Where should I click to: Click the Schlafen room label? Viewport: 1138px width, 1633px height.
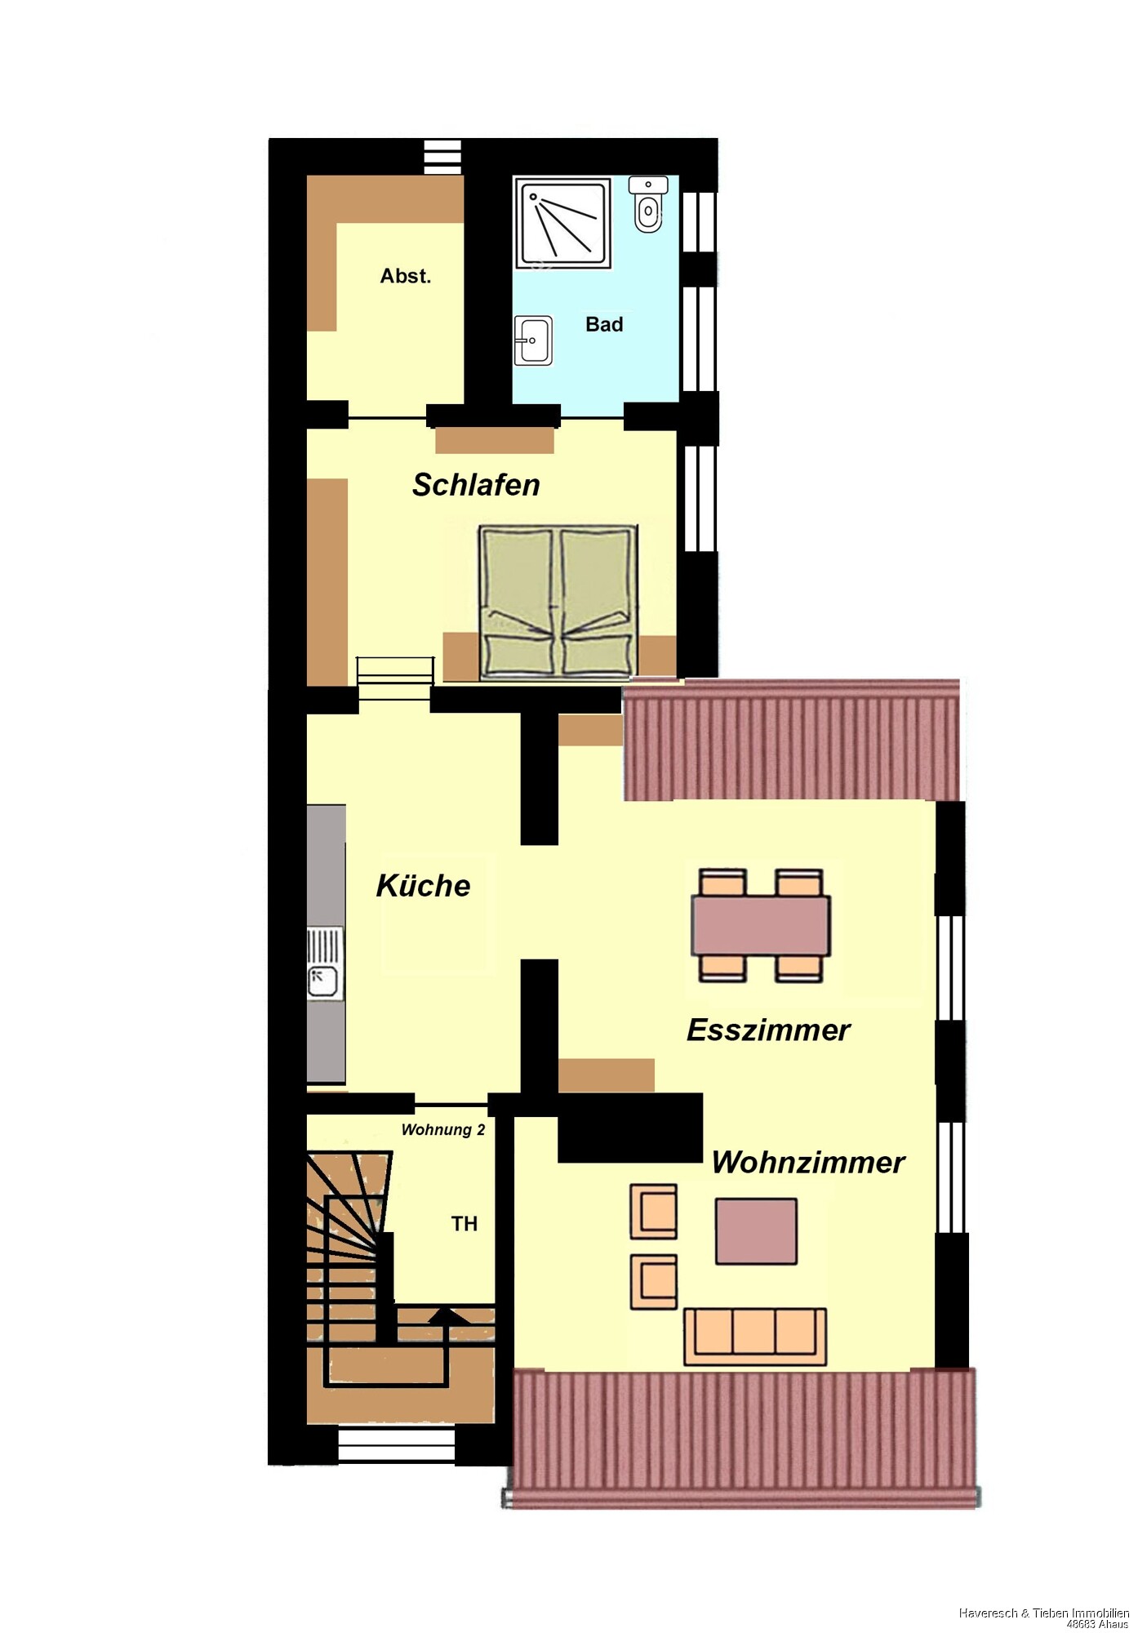pos(476,485)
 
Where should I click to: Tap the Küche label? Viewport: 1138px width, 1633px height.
pos(423,886)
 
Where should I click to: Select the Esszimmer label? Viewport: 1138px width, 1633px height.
pos(768,1030)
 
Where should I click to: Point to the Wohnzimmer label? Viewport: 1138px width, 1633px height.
pos(808,1163)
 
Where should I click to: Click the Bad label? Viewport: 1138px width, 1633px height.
pos(604,325)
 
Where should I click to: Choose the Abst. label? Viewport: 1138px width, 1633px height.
pos(405,276)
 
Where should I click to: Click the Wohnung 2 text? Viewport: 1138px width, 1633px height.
pos(443,1130)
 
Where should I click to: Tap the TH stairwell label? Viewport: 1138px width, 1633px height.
pos(465,1224)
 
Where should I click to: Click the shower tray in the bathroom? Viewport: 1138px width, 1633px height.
pos(563,223)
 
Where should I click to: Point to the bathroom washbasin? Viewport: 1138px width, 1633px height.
pos(533,340)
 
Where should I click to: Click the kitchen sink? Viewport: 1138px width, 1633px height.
pos(325,963)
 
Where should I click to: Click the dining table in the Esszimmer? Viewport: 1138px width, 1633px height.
pos(761,926)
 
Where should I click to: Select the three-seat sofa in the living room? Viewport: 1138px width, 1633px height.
pos(755,1337)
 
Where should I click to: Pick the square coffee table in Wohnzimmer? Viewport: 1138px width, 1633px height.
pos(756,1231)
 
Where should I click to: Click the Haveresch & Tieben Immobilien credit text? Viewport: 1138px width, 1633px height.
pos(1044,1613)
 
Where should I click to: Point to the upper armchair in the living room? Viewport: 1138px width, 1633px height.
pos(653,1212)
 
